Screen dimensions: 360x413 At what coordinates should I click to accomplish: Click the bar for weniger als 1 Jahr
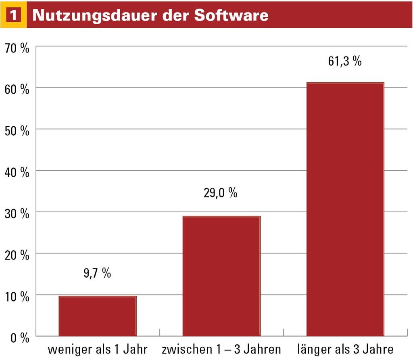pyautogui.click(x=98, y=316)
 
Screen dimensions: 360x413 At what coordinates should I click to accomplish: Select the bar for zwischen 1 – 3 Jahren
pyautogui.click(x=221, y=276)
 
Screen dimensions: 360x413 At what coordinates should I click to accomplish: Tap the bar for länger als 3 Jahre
pyautogui.click(x=345, y=209)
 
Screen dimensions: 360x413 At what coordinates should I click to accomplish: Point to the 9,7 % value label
pyautogui.click(x=97, y=273)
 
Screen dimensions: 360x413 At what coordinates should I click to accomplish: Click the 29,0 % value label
pyautogui.click(x=220, y=193)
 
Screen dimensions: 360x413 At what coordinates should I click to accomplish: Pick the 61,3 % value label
pyautogui.click(x=344, y=62)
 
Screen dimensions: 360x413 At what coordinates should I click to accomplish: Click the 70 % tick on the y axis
pyautogui.click(x=17, y=48)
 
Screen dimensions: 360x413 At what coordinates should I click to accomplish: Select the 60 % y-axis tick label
pyautogui.click(x=17, y=90)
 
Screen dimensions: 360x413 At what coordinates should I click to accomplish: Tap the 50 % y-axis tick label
pyautogui.click(x=17, y=131)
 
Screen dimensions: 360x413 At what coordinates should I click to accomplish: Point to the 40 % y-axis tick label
pyautogui.click(x=17, y=173)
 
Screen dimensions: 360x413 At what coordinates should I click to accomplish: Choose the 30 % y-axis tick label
pyautogui.click(x=17, y=214)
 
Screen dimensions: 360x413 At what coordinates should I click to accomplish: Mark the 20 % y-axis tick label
pyautogui.click(x=17, y=255)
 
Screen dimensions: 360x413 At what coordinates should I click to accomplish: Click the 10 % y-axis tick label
pyautogui.click(x=17, y=297)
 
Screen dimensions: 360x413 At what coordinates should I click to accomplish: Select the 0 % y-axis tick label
pyautogui.click(x=19, y=338)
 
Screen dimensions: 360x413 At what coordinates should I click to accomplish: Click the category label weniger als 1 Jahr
pyautogui.click(x=98, y=349)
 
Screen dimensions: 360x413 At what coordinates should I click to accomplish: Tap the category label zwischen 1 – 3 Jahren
pyautogui.click(x=221, y=349)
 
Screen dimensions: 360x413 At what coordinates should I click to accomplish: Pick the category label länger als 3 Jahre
pyautogui.click(x=345, y=349)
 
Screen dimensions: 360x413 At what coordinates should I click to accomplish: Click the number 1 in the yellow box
pyautogui.click(x=13, y=15)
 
